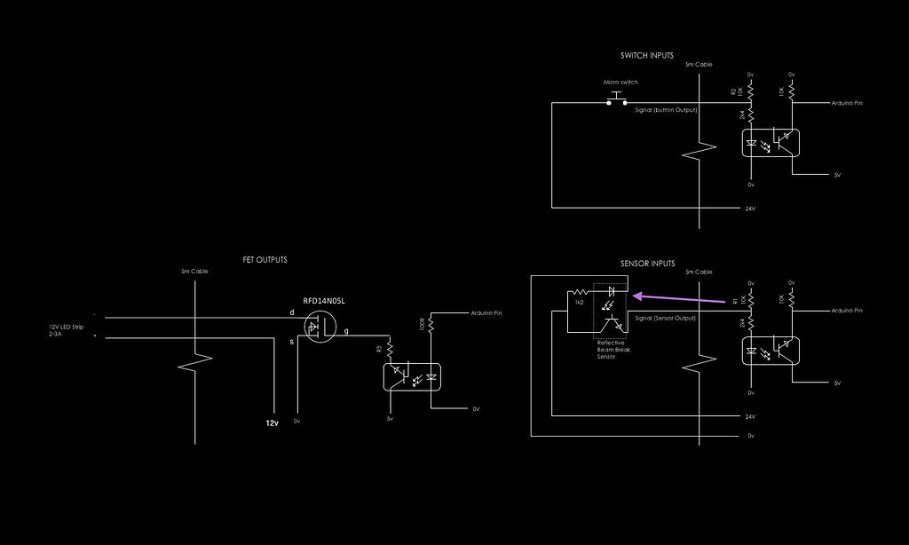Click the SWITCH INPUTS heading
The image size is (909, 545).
point(646,55)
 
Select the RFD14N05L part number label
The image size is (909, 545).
point(324,301)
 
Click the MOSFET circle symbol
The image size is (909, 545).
point(318,329)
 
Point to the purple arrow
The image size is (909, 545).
point(684,299)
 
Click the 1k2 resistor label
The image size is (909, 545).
point(579,303)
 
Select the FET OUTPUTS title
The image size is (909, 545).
point(265,259)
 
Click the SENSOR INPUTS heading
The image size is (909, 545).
point(647,264)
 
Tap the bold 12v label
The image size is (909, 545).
point(273,423)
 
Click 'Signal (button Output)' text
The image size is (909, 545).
point(666,109)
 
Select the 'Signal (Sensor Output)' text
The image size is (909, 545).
point(667,318)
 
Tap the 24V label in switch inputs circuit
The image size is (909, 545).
point(750,209)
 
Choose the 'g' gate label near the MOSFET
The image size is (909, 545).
point(346,331)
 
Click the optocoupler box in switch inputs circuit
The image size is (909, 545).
point(770,143)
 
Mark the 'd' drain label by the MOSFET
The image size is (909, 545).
point(291,312)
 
